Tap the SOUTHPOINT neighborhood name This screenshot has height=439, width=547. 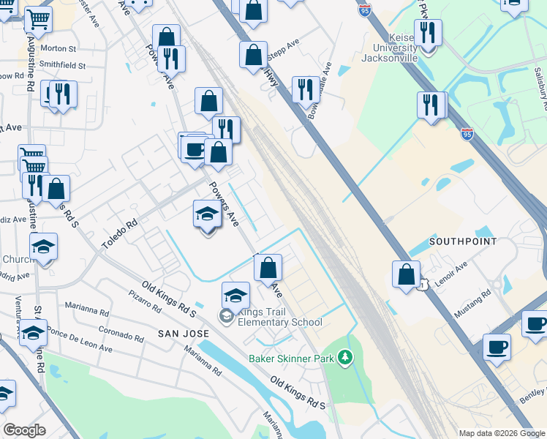click(x=463, y=241)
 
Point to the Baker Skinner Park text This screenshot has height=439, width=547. click(x=292, y=359)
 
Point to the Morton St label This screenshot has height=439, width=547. click(x=59, y=49)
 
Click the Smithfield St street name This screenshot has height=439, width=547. click(x=62, y=65)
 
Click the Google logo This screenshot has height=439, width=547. click(x=24, y=430)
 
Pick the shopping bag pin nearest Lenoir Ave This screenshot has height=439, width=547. click(x=406, y=275)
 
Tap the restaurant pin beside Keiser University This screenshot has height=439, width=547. click(x=428, y=34)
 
